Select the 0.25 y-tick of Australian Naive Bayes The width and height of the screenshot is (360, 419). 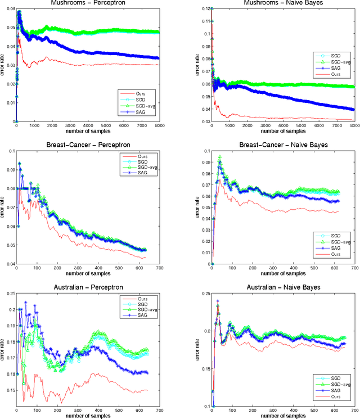(204, 294)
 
